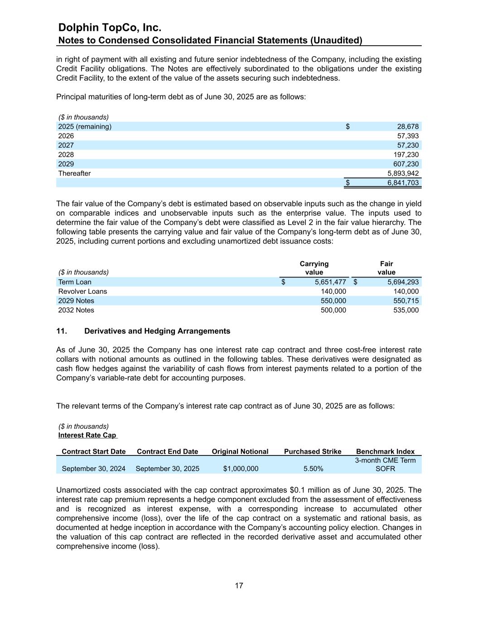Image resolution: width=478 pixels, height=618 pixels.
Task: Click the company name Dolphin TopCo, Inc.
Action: click(110, 28)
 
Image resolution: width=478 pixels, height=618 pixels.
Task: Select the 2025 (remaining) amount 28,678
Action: click(408, 127)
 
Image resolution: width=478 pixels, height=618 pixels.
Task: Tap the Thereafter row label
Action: click(74, 173)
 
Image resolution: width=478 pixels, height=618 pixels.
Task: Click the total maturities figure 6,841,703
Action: click(403, 183)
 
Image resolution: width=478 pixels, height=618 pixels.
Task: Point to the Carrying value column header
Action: click(314, 268)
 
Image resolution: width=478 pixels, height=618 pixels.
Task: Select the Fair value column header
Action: click(386, 268)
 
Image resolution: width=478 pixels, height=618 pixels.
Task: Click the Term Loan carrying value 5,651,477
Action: click(330, 282)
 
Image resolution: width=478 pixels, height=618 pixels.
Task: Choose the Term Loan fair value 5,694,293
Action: click(403, 282)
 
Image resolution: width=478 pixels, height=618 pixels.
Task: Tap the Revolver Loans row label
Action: click(82, 292)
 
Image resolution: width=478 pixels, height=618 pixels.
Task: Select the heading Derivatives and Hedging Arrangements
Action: click(157, 331)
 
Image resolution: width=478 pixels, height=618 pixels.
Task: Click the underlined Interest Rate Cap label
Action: click(87, 435)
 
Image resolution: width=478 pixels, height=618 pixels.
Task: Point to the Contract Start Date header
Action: click(93, 451)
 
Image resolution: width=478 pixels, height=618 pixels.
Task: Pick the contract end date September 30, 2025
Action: click(167, 469)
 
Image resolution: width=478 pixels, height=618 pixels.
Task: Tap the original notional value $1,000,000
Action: click(241, 469)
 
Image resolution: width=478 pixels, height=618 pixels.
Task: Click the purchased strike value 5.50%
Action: click(313, 469)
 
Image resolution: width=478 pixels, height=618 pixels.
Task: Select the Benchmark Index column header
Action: click(385, 451)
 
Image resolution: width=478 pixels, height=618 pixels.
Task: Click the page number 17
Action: click(239, 586)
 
